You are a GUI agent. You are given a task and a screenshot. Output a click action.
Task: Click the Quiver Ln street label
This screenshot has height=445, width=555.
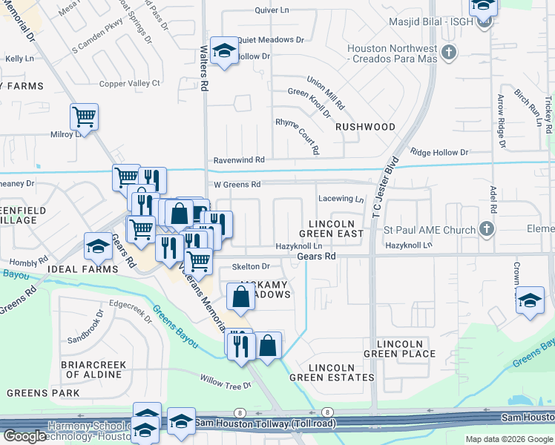(272, 10)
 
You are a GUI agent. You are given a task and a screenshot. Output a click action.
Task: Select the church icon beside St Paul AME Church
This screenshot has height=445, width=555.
(487, 228)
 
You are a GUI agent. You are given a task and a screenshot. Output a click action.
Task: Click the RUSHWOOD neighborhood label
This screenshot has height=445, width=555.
(365, 127)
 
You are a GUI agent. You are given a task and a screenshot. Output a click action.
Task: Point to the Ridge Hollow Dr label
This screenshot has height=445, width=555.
(439, 152)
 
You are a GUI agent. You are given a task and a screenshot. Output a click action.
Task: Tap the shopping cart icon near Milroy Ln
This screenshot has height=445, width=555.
(84, 116)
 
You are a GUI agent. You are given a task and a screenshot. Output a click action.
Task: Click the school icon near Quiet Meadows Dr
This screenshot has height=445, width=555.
(224, 50)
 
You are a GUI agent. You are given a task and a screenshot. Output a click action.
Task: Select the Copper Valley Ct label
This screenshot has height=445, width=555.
(130, 83)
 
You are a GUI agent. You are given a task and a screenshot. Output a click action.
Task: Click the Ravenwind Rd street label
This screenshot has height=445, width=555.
(239, 159)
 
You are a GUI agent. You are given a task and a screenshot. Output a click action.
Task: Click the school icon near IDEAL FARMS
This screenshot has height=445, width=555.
(98, 245)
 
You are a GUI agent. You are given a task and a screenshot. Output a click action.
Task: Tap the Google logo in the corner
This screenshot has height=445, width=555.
(24, 436)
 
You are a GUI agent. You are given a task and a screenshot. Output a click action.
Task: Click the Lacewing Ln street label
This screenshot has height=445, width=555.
(341, 199)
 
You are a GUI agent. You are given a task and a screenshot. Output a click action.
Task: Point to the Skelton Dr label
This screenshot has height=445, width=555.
(250, 266)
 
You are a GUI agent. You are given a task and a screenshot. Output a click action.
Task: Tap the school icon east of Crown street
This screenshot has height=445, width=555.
(529, 300)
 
